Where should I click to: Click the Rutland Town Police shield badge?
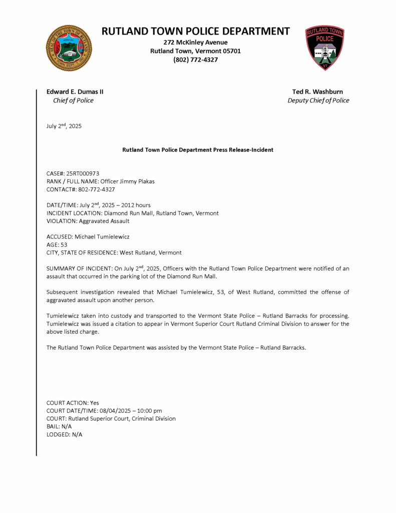(325, 48)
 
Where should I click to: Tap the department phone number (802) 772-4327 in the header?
(195, 60)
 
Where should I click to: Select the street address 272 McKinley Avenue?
(195, 43)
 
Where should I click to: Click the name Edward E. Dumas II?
(75, 92)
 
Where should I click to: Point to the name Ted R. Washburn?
(318, 92)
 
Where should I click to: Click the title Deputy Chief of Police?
(318, 100)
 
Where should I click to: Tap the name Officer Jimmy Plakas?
(127, 181)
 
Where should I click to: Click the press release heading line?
(198, 150)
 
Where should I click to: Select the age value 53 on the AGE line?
(63, 244)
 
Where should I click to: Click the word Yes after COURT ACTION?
(95, 403)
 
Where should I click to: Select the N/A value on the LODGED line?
(77, 434)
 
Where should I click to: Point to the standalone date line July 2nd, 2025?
(64, 126)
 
